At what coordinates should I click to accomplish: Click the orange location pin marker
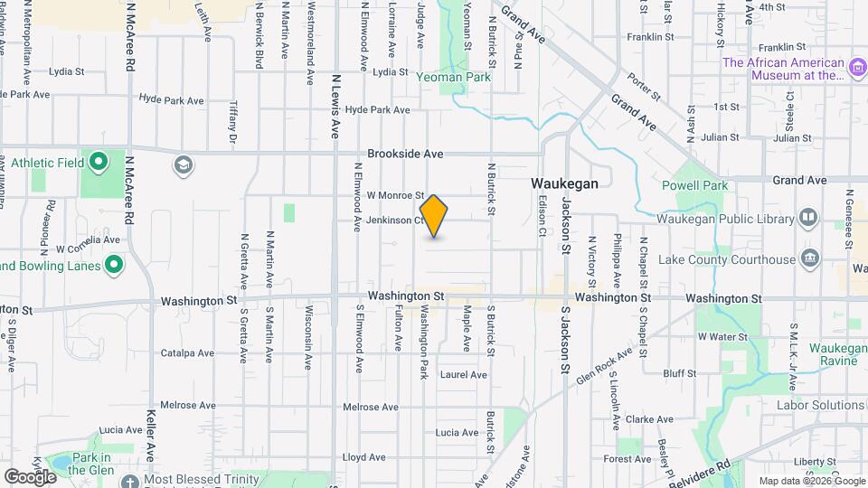(435, 216)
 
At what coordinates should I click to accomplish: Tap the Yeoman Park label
(453, 78)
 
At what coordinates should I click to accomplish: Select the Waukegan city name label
(564, 183)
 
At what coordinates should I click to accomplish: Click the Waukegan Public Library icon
(807, 218)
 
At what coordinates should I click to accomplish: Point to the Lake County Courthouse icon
(808, 259)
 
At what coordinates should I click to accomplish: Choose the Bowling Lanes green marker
(113, 266)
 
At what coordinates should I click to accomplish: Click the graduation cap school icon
(184, 164)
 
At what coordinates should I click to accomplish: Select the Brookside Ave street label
(403, 155)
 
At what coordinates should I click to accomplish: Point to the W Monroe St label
(395, 195)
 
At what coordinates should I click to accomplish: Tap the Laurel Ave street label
(463, 374)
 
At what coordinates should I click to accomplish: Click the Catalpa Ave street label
(187, 353)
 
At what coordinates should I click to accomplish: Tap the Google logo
(30, 476)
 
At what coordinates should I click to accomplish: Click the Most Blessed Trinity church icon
(129, 480)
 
